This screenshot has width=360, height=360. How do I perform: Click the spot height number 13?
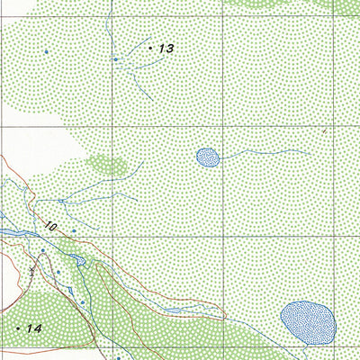point(165,49)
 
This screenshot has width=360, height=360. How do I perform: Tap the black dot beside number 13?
point(150,48)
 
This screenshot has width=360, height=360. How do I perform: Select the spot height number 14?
point(34,329)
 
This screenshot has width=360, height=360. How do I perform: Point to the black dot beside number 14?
point(18,329)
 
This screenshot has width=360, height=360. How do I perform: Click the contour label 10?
point(49,229)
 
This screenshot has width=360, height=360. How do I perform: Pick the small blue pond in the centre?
point(208,157)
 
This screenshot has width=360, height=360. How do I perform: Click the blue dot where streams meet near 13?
point(115,59)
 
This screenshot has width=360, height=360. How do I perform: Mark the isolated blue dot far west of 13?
point(46,52)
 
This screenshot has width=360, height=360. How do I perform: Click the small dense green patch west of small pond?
point(107,165)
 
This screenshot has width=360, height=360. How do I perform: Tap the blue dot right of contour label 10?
point(74,231)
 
